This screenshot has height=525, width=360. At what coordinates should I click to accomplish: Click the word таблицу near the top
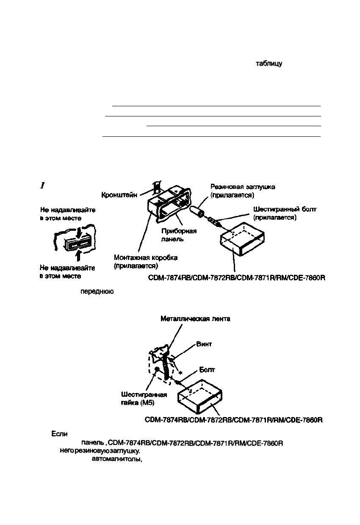269,64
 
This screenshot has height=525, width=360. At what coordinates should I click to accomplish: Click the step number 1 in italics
42,185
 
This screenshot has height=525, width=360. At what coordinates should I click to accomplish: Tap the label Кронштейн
119,195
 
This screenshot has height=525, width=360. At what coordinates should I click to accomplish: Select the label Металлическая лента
195,319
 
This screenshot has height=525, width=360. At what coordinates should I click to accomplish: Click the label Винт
204,344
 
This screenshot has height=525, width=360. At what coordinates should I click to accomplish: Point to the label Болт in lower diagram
207,370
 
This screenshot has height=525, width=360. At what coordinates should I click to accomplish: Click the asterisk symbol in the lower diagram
181,373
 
